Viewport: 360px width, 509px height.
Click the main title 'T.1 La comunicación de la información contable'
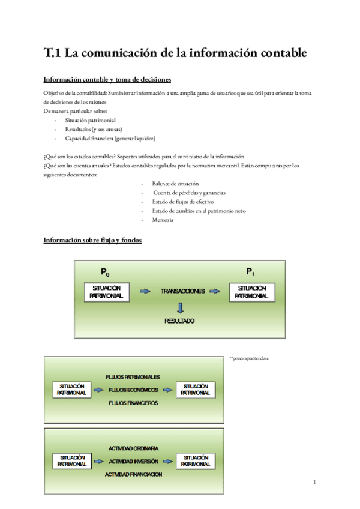175,53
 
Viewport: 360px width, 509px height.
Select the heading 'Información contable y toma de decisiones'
107,79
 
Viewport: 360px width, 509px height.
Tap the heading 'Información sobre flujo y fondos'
92,240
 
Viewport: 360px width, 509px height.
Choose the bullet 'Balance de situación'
175,184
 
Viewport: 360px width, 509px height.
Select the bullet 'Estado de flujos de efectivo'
184,202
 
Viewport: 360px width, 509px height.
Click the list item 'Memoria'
163,220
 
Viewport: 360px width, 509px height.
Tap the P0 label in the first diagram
105,273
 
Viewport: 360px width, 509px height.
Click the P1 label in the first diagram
251,273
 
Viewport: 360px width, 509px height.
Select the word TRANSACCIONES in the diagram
182,291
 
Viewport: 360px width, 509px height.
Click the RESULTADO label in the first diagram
180,321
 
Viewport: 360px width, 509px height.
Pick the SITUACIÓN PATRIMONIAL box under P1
252,292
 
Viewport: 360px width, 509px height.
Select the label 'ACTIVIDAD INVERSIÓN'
133,462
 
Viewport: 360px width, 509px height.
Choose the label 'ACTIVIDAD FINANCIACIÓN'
133,475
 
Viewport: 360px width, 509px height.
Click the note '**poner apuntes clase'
249,358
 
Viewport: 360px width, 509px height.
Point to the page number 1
314,483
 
